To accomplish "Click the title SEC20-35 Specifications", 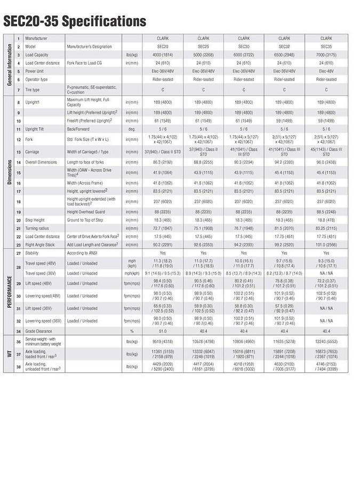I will click(x=75, y=21).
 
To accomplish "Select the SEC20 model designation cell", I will click(x=163, y=46).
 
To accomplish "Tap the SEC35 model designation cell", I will click(x=326, y=46).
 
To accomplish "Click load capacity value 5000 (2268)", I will click(x=203, y=54).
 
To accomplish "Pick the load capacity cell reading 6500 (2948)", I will click(x=284, y=54).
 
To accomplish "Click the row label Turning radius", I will click(x=37, y=228).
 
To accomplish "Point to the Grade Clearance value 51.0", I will click(x=163, y=331).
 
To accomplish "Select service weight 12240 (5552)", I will click(x=326, y=341).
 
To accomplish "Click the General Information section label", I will click(x=9, y=64).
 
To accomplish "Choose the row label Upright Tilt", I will click(x=39, y=129).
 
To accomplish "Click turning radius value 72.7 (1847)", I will click(x=163, y=228).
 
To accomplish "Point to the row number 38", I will click(x=19, y=367).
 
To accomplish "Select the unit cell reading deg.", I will click(x=131, y=129).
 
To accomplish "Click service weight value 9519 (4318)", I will click(x=163, y=341).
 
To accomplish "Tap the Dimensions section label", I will click(x=9, y=172).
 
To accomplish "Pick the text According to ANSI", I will click(x=83, y=253).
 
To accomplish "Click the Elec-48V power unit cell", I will click(x=326, y=70).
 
